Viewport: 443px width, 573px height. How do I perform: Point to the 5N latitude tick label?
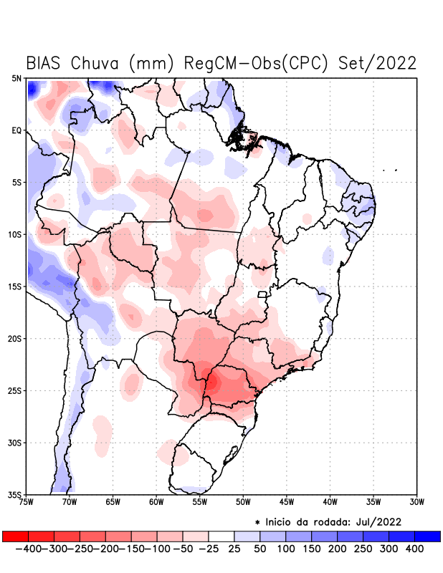[16, 78]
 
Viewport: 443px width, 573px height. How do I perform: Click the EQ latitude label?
[16, 130]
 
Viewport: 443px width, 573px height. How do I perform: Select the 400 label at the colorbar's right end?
[414, 549]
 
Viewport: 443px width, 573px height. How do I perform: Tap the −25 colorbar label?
[208, 549]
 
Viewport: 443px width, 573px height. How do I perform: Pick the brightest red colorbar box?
[15, 536]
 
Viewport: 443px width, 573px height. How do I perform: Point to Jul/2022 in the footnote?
[376, 521]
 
